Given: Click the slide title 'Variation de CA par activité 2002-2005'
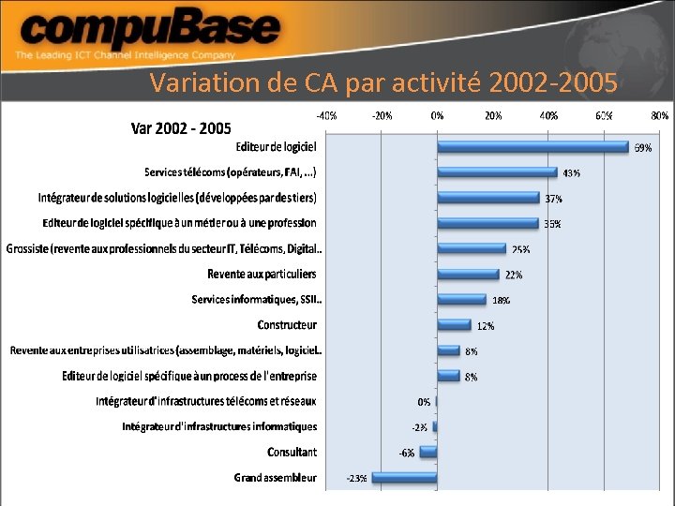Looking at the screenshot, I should (x=382, y=83).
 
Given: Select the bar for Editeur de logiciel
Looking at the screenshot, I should (x=532, y=146).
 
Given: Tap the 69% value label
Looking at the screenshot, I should (x=643, y=148).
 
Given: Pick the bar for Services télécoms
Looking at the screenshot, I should (x=497, y=171).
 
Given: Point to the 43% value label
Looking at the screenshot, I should (x=571, y=173).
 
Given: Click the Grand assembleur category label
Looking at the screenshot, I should (x=276, y=478).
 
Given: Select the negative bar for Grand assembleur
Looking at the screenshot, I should (x=405, y=477).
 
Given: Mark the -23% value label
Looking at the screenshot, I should (x=357, y=479).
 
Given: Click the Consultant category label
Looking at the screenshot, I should (x=292, y=452).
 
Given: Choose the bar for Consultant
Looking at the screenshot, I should (x=428, y=452).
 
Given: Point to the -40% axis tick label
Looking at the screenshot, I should (x=326, y=116).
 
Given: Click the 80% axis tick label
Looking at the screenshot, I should (x=659, y=116).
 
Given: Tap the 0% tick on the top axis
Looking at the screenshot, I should (x=437, y=116).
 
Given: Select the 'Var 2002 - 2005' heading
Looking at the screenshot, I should (x=180, y=127).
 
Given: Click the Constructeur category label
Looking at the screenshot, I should (x=287, y=325).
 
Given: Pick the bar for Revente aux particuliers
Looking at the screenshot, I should (x=468, y=274).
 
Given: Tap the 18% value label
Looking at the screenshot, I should (x=502, y=301).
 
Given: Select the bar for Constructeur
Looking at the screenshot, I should (x=454, y=324).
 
